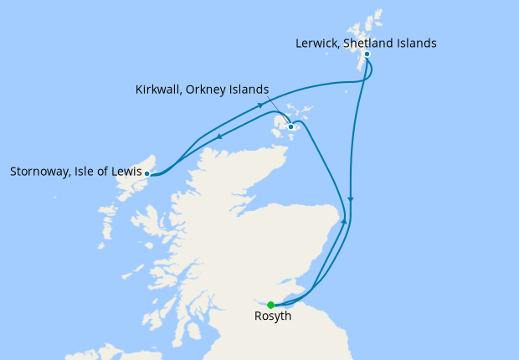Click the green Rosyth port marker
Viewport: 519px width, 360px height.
270,305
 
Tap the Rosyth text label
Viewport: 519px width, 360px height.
275,317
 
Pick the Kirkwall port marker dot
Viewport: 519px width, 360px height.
290,127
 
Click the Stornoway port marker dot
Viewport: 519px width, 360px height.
147,174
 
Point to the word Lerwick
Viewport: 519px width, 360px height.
320,43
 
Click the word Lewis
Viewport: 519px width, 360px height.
124,173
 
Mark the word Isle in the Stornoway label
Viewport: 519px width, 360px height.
86,173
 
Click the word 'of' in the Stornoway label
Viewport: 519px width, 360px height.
103,173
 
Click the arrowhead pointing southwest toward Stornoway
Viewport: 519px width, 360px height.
219,138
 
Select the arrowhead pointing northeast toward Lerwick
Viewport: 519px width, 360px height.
261,105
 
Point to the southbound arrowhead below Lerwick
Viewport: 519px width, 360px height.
351,200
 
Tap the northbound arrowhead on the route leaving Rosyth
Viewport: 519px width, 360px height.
342,227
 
